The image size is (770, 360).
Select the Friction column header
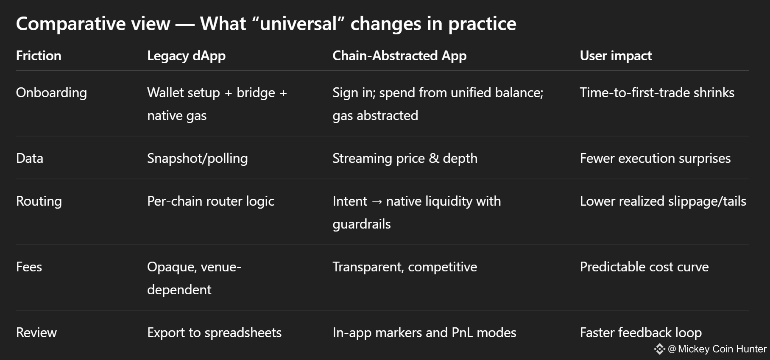pyautogui.click(x=39, y=56)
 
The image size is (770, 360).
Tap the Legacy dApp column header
pyautogui.click(x=186, y=56)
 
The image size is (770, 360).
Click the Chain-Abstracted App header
pyautogui.click(x=399, y=56)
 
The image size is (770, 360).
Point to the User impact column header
pyautogui.click(x=616, y=56)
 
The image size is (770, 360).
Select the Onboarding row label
pyautogui.click(x=51, y=93)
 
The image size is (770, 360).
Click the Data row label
pyautogui.click(x=30, y=158)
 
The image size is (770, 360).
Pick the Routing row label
pyautogui.click(x=39, y=201)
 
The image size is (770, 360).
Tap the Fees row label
pyautogui.click(x=29, y=267)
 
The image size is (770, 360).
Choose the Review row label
pyautogui.click(x=36, y=332)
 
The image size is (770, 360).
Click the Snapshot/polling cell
pyautogui.click(x=198, y=159)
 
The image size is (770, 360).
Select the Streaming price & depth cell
pyautogui.click(x=405, y=159)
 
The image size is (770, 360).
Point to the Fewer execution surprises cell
pyautogui.click(x=655, y=159)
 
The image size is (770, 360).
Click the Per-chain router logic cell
pyautogui.click(x=211, y=201)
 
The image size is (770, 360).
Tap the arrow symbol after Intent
pyautogui.click(x=377, y=202)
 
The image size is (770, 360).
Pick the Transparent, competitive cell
pyautogui.click(x=405, y=267)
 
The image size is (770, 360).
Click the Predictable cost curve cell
pyautogui.click(x=644, y=267)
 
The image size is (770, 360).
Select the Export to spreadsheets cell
pyautogui.click(x=214, y=333)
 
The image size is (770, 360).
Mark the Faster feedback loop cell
pyautogui.click(x=641, y=333)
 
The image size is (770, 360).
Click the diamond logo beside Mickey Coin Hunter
pyautogui.click(x=659, y=349)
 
